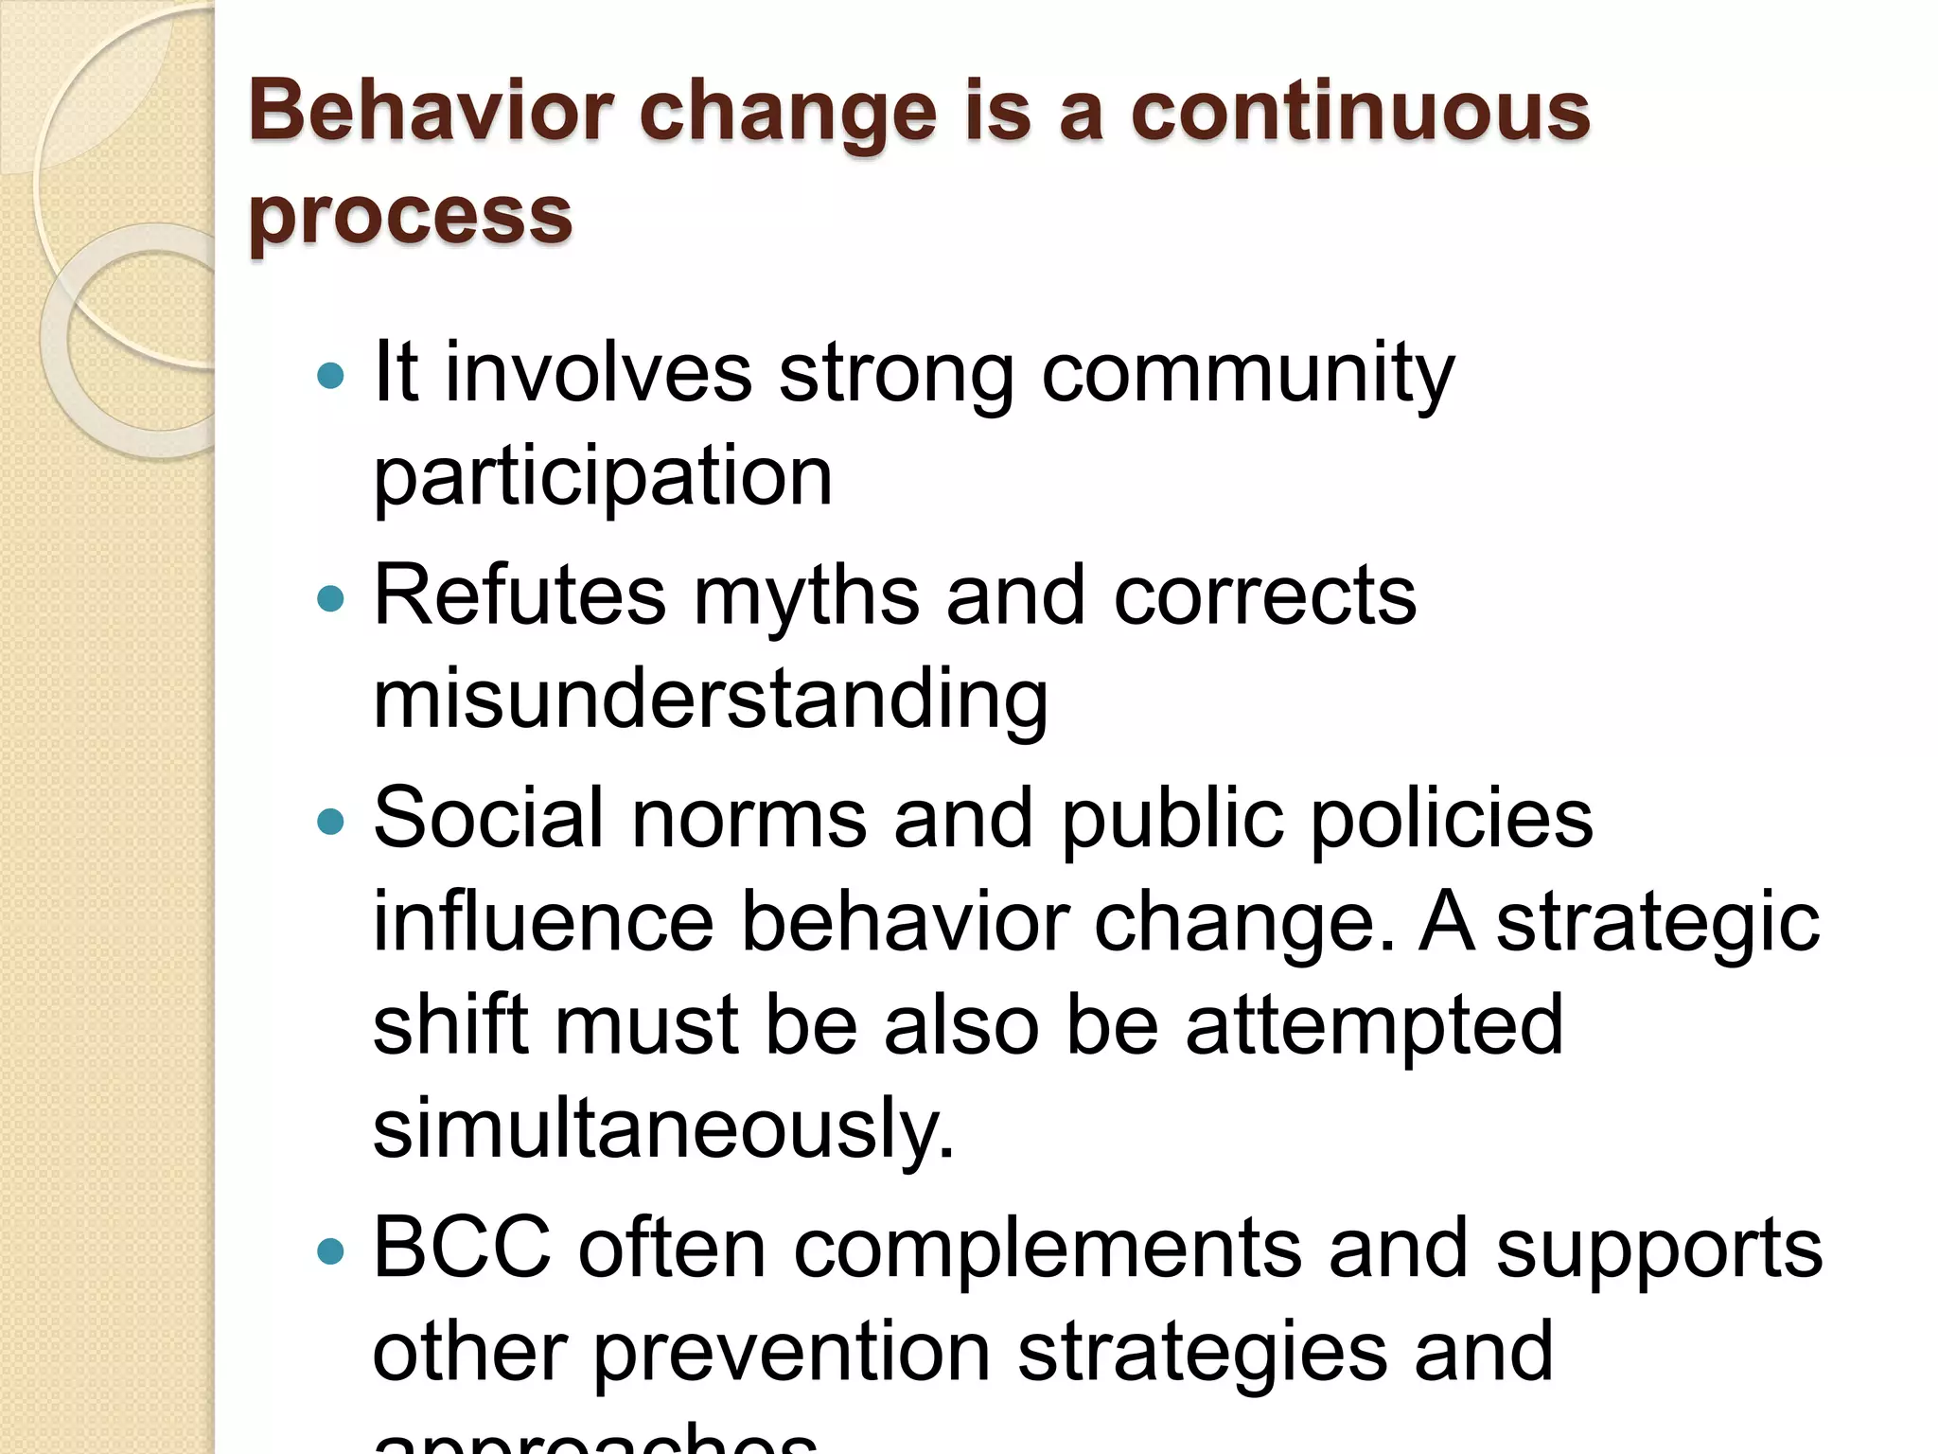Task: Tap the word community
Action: tap(1247, 376)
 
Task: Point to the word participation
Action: tap(603, 478)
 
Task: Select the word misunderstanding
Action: tap(711, 700)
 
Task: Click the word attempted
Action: tap(1374, 1026)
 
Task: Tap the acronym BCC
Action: tap(462, 1248)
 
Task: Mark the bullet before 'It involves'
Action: tap(330, 377)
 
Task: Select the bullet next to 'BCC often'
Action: tap(330, 1251)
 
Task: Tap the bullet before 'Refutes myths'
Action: tap(330, 599)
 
